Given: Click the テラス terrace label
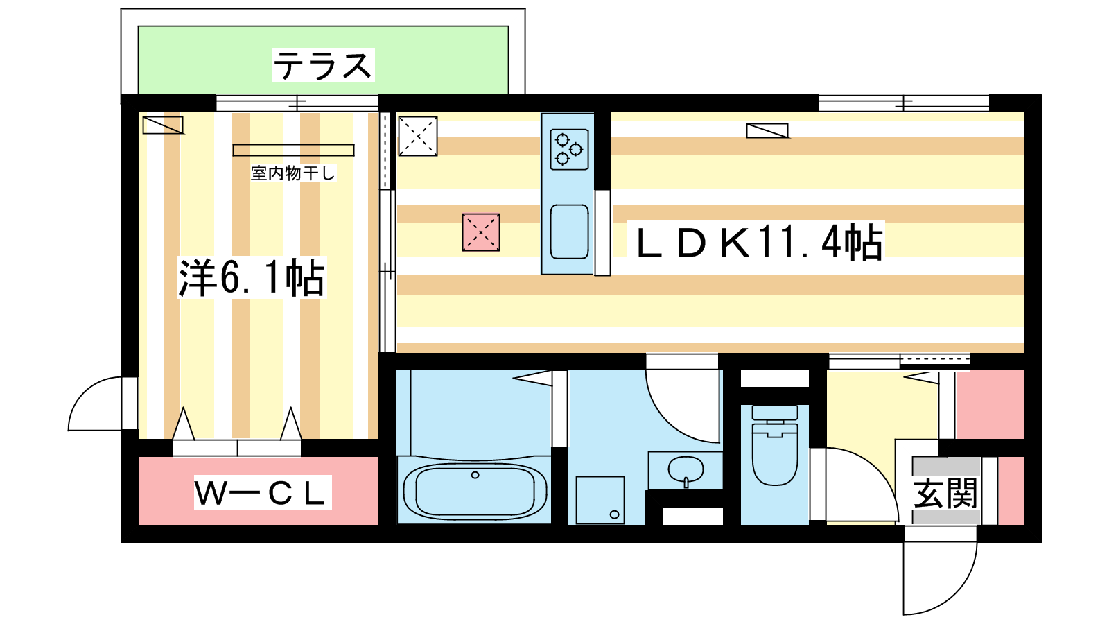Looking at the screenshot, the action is [323, 65].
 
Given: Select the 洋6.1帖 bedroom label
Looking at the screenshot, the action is [252, 277].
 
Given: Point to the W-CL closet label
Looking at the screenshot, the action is [263, 493].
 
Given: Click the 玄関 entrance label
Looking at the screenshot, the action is [945, 493].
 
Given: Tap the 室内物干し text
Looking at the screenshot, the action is [293, 173].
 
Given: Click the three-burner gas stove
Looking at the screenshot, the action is [569, 149].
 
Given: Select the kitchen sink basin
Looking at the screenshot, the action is [569, 232].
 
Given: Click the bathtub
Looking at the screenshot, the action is [475, 490].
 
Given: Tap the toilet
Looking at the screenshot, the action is [775, 444].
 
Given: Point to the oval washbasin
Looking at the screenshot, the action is [686, 469].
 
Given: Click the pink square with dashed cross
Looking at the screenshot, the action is [481, 232].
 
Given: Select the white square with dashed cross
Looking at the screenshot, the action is [418, 136].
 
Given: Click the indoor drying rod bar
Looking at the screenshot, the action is [294, 150].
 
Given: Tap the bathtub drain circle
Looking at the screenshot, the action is [475, 475].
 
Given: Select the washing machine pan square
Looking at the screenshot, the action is [600, 500].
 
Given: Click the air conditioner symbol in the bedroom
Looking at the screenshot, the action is [163, 125].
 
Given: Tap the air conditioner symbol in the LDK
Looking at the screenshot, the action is [767, 131].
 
